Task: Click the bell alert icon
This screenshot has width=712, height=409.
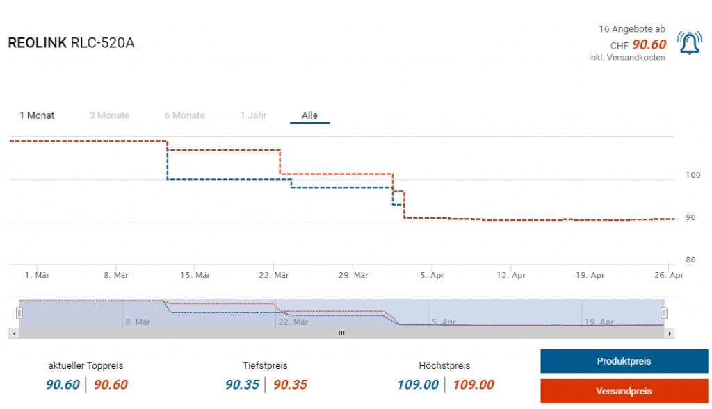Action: [689, 44]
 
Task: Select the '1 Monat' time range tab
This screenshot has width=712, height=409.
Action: [37, 115]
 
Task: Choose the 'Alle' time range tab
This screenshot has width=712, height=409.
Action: [309, 115]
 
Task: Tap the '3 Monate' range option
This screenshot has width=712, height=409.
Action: [109, 115]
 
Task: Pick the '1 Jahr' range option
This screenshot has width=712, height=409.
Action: [253, 115]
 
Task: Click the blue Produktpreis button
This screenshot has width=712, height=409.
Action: [624, 361]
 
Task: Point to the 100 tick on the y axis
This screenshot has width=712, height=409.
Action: [692, 175]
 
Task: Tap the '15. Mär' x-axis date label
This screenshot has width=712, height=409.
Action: [195, 276]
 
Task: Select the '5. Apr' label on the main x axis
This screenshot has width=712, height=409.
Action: [432, 276]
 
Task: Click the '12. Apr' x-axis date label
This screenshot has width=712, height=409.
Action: [511, 276]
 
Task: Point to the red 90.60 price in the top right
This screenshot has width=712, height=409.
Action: [649, 45]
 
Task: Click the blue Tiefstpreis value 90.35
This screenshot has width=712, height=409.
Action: [242, 385]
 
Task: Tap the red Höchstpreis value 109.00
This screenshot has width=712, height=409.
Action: [474, 385]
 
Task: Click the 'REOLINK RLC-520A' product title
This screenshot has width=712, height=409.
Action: [71, 43]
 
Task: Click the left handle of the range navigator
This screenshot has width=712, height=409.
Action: [19, 312]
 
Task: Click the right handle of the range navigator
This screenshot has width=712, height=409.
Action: [664, 312]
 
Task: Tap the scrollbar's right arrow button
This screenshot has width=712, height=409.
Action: [670, 333]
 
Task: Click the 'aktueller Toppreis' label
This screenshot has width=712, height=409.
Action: [86, 365]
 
